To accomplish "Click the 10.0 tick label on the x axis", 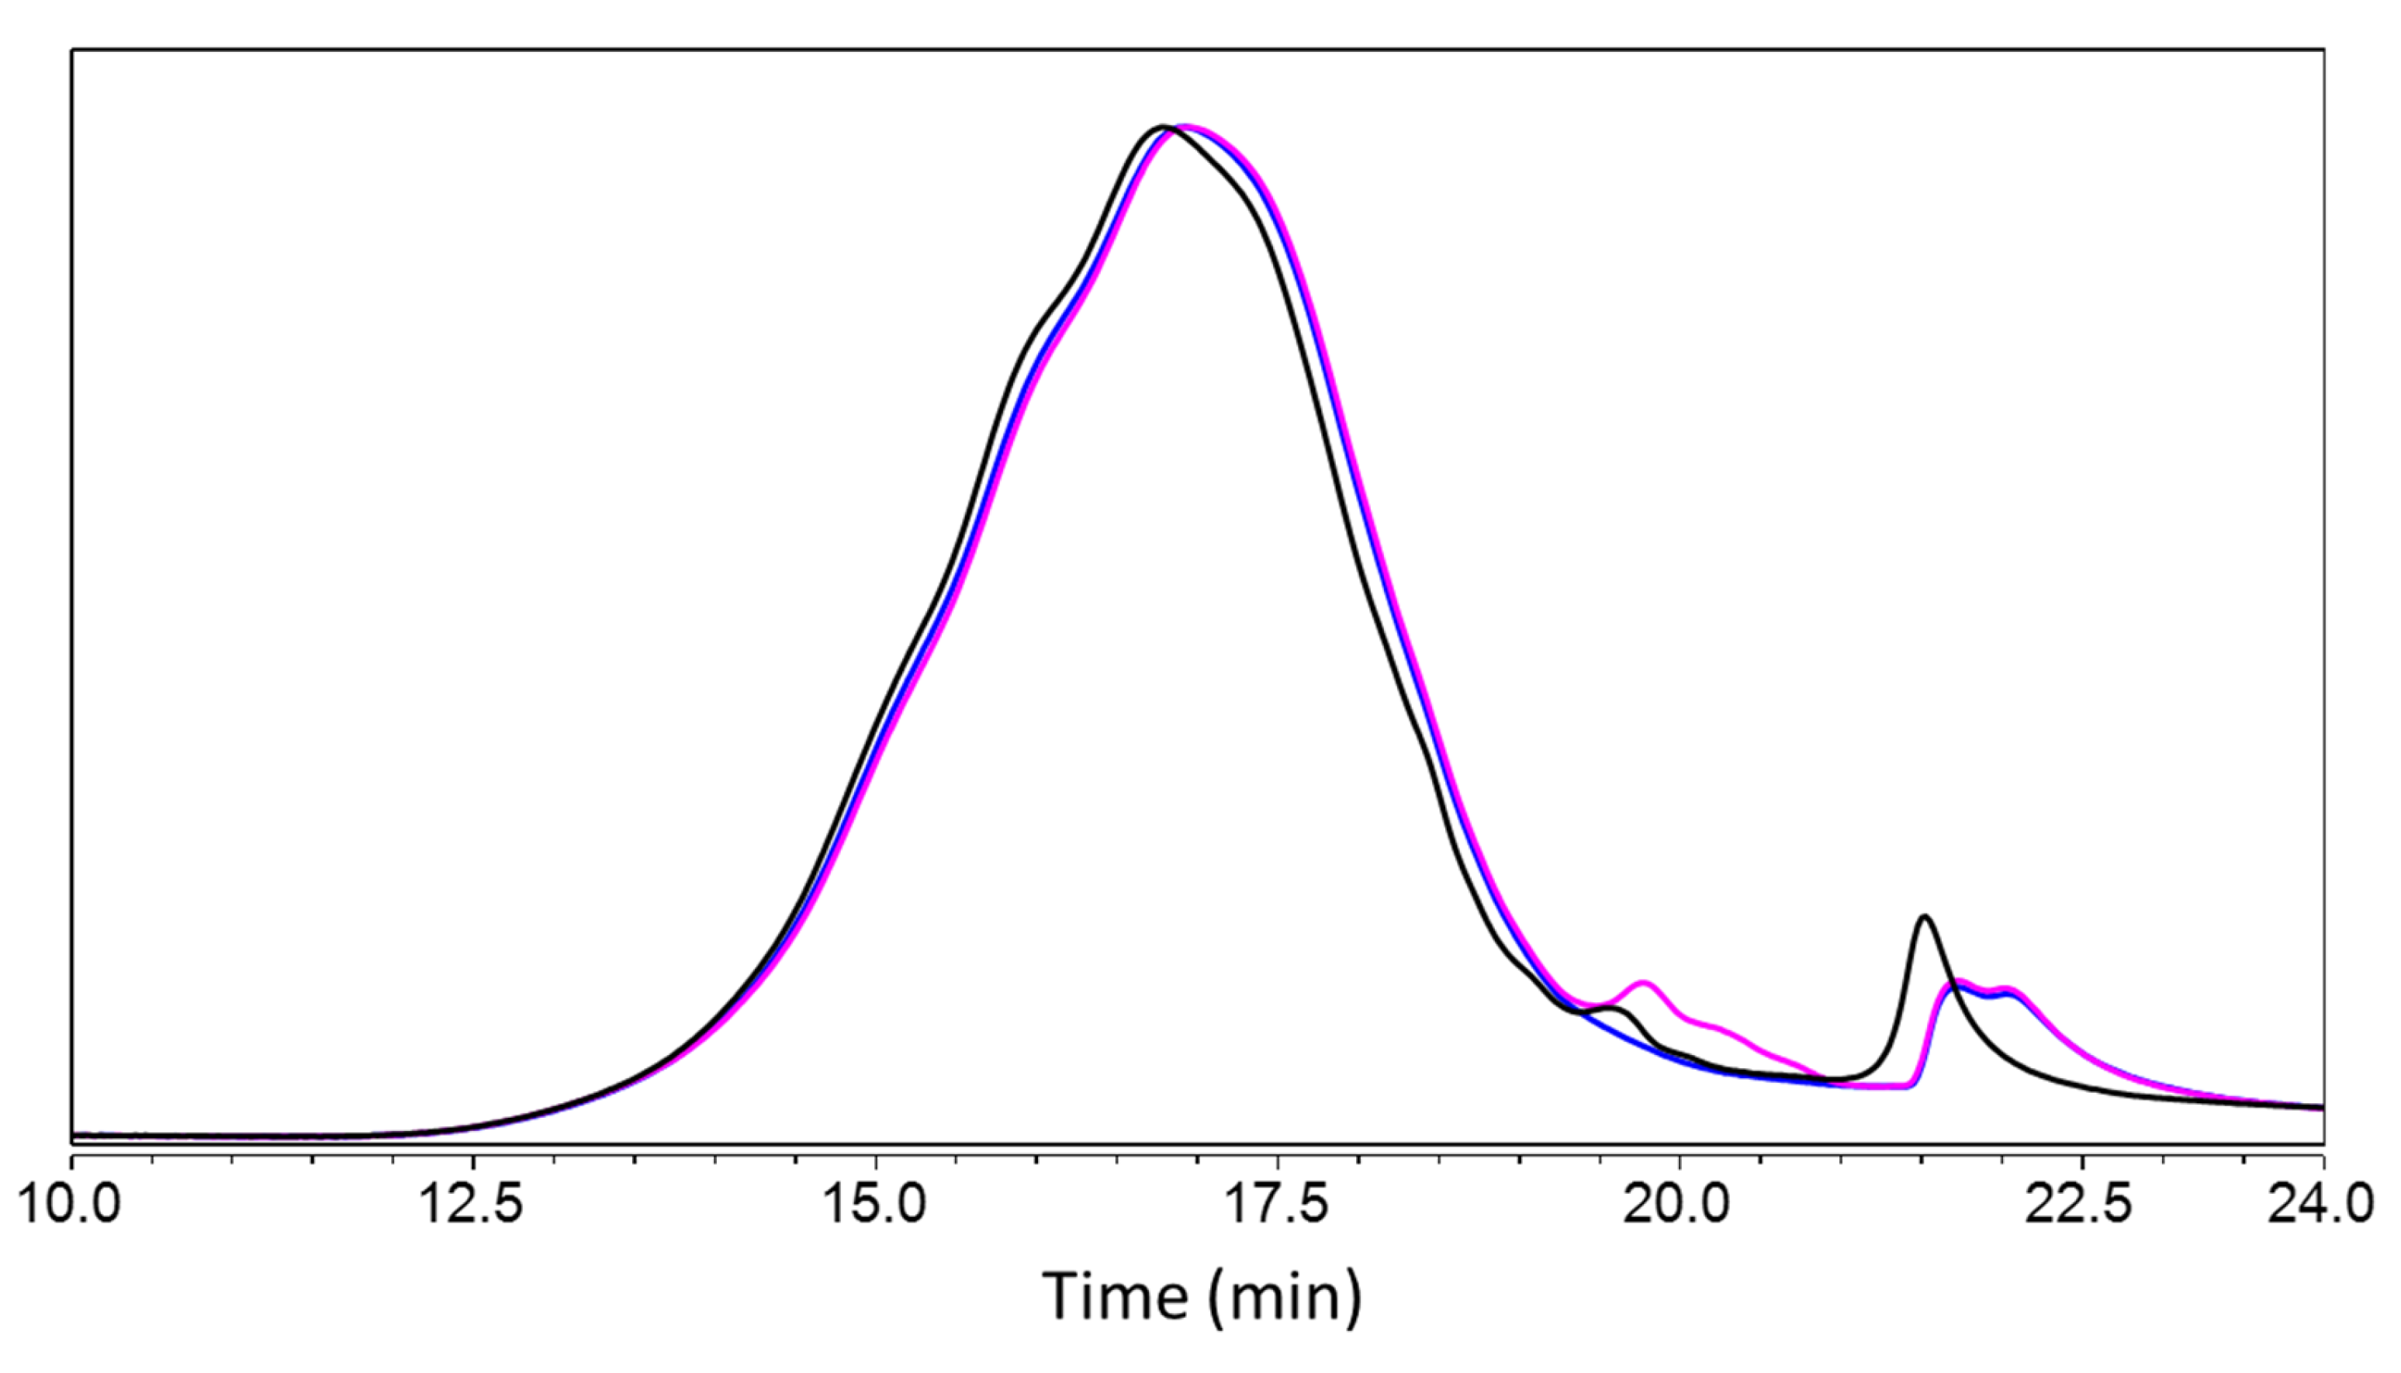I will tap(70, 1206).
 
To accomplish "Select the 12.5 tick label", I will tap(472, 1206).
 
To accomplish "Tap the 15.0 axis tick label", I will tap(875, 1206).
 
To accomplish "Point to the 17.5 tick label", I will tap(1277, 1206).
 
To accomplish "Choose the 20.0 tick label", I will tap(1679, 1206).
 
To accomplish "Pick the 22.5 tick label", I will tap(2081, 1206).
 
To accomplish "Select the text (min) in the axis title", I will tap(1282, 1298).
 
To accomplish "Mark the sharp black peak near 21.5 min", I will tap(1925, 917).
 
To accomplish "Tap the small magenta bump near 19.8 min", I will tap(1644, 983).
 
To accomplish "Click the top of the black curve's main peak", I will tap(1163, 126).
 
